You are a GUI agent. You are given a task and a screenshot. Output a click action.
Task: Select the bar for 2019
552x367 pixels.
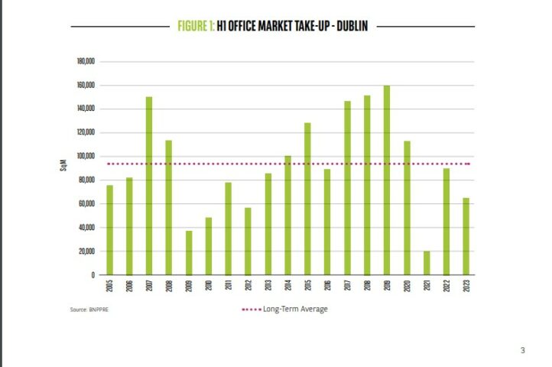(386, 180)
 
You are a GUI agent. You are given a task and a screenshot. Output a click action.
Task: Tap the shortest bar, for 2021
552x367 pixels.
(426, 262)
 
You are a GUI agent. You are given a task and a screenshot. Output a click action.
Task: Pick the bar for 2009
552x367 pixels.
(189, 252)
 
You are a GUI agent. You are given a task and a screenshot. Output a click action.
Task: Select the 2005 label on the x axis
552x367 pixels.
(109, 287)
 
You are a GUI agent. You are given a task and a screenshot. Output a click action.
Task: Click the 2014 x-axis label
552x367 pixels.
(287, 287)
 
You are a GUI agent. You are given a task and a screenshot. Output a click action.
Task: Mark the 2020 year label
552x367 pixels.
(407, 287)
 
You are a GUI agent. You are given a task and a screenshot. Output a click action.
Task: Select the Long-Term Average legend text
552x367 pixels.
(295, 310)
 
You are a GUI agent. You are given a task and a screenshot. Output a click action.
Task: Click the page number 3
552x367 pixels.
(523, 351)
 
